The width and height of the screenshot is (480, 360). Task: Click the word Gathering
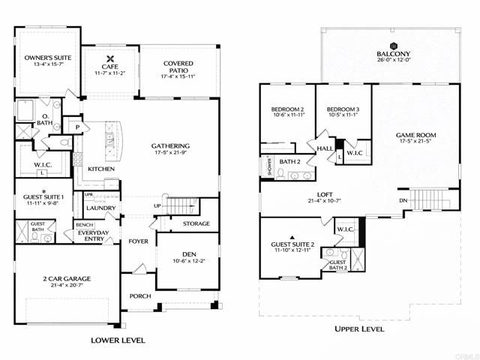170,145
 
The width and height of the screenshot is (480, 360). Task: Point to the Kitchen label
101,169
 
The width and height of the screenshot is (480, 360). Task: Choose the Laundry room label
100,208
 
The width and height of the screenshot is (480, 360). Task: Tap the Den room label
187,253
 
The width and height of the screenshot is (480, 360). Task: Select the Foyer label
139,241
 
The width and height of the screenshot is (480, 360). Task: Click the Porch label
140,295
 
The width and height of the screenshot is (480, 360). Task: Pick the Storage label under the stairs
196,223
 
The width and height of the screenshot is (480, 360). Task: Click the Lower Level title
118,340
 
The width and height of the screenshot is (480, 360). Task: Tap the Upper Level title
359,328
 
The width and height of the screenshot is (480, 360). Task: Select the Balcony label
393,54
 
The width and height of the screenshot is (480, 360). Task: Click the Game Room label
415,136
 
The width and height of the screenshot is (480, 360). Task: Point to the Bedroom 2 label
287,110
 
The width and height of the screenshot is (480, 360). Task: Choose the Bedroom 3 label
343,110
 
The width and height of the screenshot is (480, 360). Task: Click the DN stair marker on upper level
403,201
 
